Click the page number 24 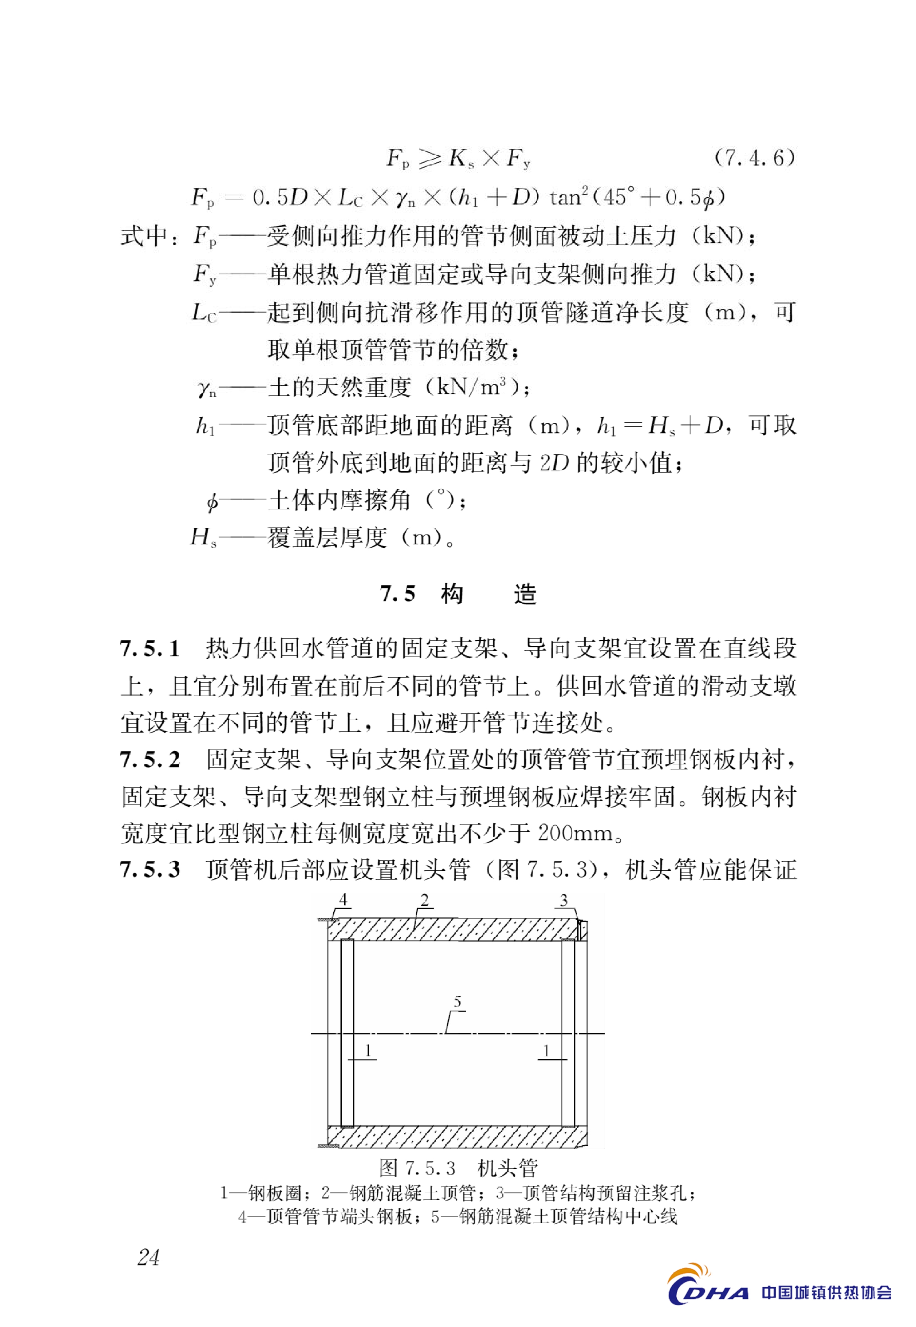(148, 1257)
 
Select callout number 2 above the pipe (425, 900)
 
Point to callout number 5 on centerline (457, 1001)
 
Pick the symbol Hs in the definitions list (203, 538)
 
